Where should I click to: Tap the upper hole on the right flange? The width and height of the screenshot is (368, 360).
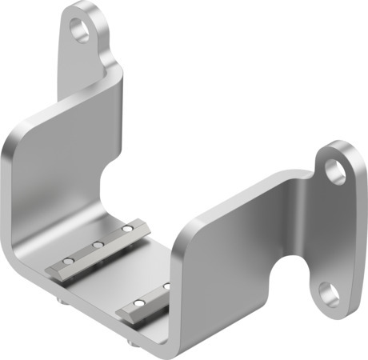[x=337, y=170]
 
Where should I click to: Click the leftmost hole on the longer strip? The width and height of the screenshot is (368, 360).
[x=69, y=261]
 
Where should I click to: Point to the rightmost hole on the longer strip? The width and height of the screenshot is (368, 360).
[x=126, y=230]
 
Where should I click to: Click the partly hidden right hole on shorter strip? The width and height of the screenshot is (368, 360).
[x=167, y=285]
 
